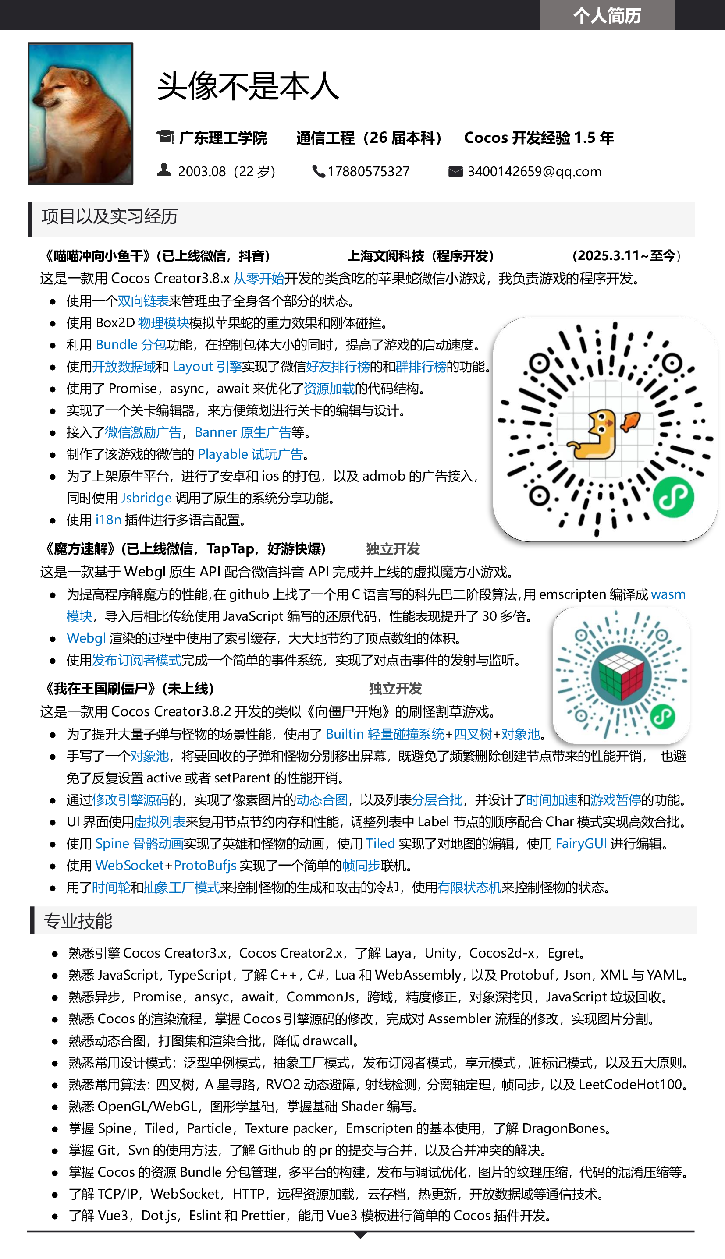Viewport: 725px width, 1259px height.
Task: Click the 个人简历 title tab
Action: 607,15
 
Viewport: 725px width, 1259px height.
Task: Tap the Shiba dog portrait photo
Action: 80,113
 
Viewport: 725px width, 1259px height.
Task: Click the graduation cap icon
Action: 165,136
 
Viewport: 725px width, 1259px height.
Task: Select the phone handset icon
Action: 319,171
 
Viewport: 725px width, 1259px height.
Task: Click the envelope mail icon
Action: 455,172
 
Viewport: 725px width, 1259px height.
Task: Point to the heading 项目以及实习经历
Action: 110,217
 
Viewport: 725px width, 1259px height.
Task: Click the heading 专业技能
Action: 78,921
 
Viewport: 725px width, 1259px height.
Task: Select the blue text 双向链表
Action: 143,301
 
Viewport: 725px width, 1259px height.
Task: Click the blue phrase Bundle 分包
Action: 131,345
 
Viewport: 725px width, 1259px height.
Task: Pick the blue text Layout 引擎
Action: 207,367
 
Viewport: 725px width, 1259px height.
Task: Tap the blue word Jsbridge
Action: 146,498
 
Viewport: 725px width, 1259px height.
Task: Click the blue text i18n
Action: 108,520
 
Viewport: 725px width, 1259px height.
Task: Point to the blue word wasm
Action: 668,594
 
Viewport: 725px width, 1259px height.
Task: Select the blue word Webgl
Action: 86,638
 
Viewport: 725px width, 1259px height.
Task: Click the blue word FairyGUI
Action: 581,843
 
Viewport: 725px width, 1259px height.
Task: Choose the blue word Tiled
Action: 380,843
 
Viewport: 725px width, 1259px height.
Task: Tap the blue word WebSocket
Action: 129,865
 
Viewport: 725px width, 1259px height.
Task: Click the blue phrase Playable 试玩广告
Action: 250,454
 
